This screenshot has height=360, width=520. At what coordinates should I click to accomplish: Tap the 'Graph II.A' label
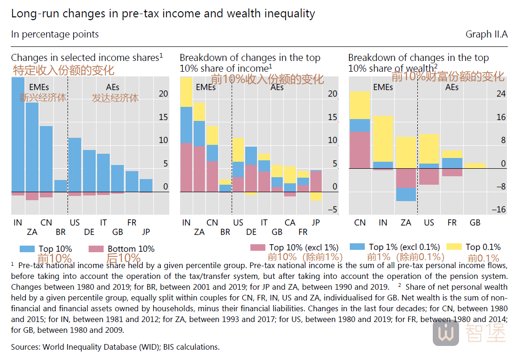pos(487,34)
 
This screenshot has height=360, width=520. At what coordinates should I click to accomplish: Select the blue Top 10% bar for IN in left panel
pos(18,134)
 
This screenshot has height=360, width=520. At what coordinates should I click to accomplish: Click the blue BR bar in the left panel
pos(60,186)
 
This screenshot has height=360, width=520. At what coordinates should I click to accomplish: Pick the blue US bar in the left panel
pos(75,165)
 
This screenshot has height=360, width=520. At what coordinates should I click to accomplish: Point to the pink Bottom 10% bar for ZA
pos(32,196)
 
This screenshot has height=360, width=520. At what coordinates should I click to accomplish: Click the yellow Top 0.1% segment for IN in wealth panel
pos(383,139)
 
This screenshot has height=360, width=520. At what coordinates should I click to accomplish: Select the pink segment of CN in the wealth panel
pos(360,150)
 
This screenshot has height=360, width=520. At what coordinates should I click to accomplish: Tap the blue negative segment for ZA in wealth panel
pos(406,195)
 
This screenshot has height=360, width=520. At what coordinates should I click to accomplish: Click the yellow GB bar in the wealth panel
pos(475,166)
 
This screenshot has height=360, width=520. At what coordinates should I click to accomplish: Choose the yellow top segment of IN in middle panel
pos(186,92)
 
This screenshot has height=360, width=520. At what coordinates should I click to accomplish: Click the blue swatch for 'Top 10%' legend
pos(27,249)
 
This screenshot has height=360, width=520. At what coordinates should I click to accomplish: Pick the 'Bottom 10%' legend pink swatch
pos(96,249)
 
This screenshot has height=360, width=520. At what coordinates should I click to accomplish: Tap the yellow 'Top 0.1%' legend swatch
pos(454,247)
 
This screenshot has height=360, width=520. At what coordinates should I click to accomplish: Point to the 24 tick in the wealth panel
pos(501,94)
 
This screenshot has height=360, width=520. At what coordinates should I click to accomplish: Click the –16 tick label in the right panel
pos(499,210)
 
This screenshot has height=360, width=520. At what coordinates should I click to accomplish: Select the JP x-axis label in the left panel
pos(146,232)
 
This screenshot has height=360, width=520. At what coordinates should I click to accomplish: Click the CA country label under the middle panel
pos(290,223)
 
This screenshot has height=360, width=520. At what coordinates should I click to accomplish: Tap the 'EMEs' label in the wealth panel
pos(383,87)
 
